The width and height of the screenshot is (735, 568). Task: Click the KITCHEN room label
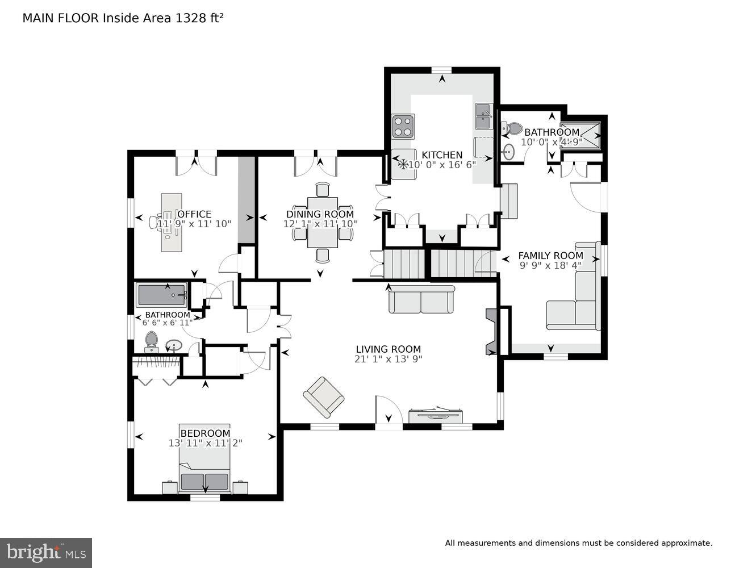coord(441,155)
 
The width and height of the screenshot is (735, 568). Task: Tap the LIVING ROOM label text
coord(388,349)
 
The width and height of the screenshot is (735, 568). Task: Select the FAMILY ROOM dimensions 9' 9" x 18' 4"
coord(550,265)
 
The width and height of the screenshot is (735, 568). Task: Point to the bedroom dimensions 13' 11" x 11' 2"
coord(205,443)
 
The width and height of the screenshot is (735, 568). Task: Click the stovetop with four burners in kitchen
coord(403,126)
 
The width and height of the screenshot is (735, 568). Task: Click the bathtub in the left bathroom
coord(162,295)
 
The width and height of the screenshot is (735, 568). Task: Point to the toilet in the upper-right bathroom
coord(512,129)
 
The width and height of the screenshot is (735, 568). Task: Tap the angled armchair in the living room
coord(323,396)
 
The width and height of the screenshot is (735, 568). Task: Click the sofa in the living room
coord(421,299)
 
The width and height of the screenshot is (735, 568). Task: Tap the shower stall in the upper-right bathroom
coord(581,135)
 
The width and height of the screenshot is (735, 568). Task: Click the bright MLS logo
coord(46,552)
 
